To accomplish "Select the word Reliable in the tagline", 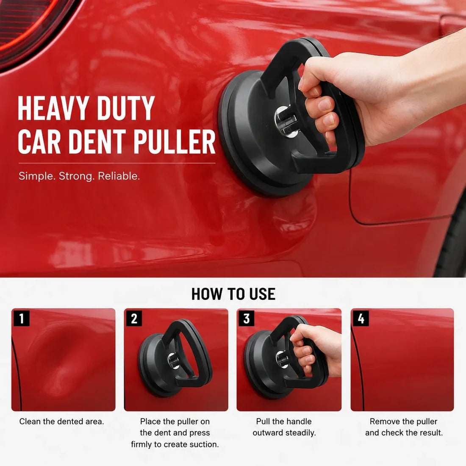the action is (x=119, y=176).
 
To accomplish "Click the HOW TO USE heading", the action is (x=233, y=294).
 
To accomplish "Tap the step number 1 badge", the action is (x=22, y=318).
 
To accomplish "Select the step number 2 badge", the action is (x=134, y=318).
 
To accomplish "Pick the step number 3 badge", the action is (x=247, y=318).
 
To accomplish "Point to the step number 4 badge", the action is (x=361, y=318).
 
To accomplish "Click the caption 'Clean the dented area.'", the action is (x=61, y=422).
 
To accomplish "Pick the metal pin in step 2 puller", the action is (x=173, y=361).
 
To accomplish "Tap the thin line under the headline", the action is (x=117, y=163).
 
